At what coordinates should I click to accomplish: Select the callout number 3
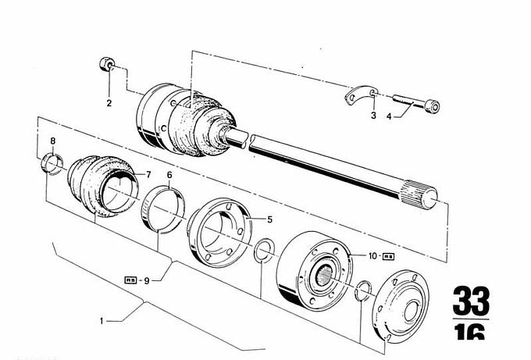click(x=373, y=116)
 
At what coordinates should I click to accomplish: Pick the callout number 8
click(x=52, y=141)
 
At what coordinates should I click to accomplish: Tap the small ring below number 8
click(x=52, y=165)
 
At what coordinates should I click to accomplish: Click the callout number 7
click(x=150, y=173)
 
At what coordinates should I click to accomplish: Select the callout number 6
click(x=169, y=174)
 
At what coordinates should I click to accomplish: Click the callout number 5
click(x=269, y=219)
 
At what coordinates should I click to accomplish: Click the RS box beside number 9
click(x=130, y=279)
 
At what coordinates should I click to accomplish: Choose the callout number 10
click(x=372, y=255)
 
